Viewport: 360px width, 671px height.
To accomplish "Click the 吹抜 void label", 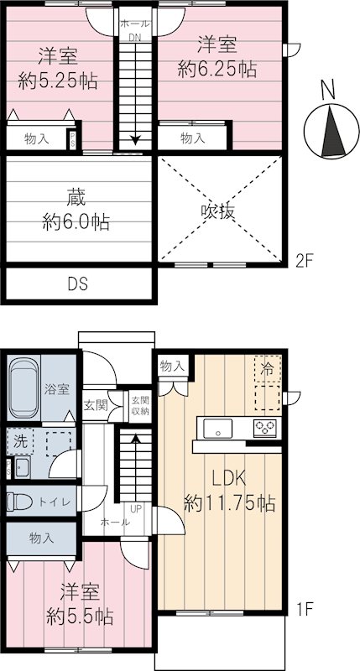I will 217,211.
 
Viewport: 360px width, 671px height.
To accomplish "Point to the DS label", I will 78,284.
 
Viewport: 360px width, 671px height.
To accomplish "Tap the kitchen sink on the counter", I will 217,429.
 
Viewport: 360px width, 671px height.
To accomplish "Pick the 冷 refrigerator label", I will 267,367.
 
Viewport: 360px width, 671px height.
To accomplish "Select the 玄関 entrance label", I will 95,406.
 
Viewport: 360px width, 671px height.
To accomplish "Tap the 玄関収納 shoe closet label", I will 139,405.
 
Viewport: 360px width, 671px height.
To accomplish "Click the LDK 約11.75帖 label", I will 230,492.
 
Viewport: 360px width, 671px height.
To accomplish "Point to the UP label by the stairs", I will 135,507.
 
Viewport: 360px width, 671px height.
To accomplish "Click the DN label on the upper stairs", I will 134,37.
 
